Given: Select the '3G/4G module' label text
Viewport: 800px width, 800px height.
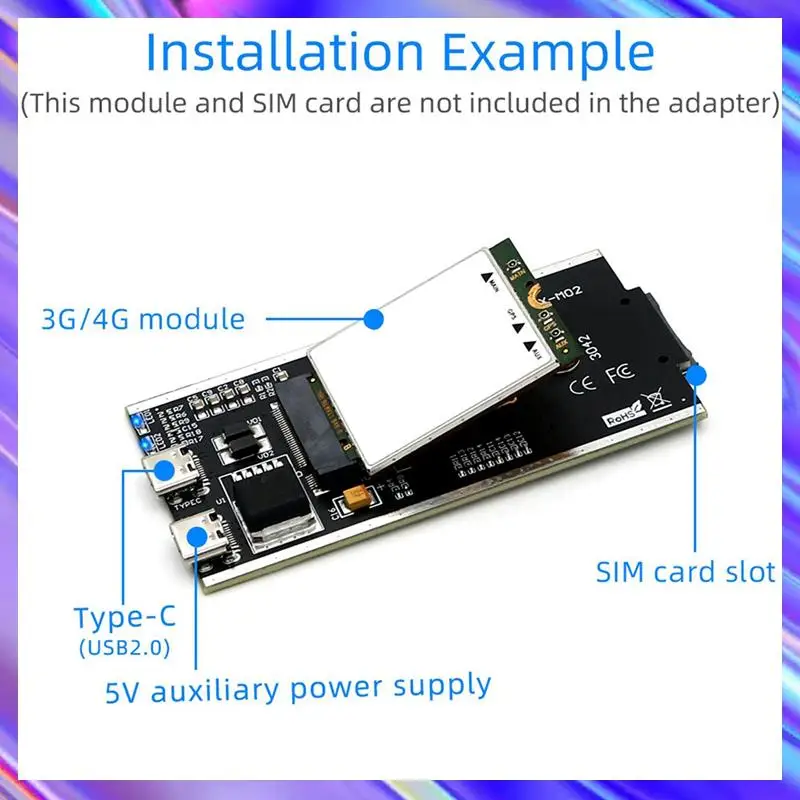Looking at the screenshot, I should pos(143,319).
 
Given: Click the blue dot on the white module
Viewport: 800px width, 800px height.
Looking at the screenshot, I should pos(373,319).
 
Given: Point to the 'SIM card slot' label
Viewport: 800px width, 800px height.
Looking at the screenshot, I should pos(685,572).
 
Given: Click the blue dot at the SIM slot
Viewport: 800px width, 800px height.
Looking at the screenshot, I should pos(698,376).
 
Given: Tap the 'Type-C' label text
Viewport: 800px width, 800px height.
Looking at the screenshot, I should pos(124,617).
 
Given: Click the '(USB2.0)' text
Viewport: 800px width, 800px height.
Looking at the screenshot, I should pos(124,648).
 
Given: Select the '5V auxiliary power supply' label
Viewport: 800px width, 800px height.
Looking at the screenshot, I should pos(298,688).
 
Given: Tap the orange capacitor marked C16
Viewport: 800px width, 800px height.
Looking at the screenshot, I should pos(357,499).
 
